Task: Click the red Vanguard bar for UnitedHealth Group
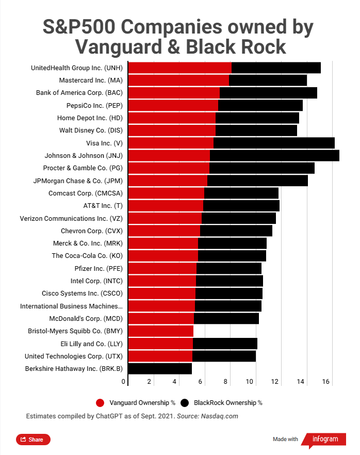click(179, 68)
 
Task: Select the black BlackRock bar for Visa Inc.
click(274, 143)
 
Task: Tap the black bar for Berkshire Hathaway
click(160, 368)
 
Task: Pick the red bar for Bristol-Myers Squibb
click(160, 331)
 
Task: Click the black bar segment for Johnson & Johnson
click(274, 155)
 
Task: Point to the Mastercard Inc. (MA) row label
click(90, 80)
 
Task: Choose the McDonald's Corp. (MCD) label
click(86, 318)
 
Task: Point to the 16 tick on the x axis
click(325, 382)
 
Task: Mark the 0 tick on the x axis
click(124, 382)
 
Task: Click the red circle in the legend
click(101, 402)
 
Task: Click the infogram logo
click(325, 439)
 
